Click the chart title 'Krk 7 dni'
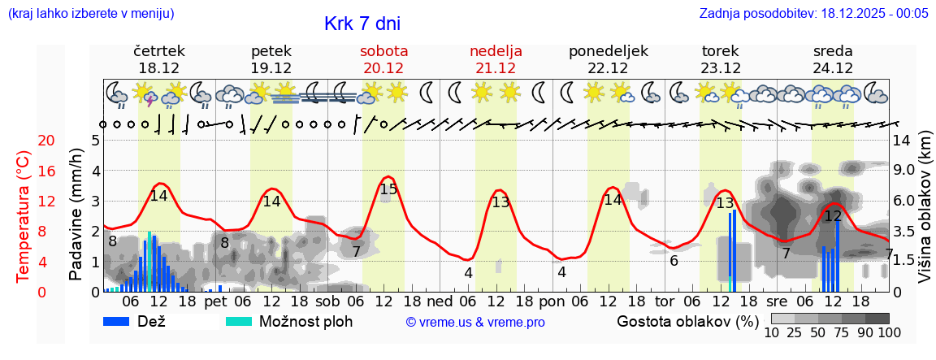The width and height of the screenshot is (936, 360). pos(362,24)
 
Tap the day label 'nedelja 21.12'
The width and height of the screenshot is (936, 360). pos(496,59)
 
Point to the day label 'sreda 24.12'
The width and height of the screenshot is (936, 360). pos(833,59)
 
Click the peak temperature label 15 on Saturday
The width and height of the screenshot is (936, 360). pos(389,189)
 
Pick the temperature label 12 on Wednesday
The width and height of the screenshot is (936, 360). pos(833,216)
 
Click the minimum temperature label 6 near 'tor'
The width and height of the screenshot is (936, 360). pos(674,261)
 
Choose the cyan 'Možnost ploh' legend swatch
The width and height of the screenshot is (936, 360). pos(238,321)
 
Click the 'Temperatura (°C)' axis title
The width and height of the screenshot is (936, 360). pos(24,216)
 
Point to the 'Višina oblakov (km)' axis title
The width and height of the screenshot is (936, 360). pos(925,216)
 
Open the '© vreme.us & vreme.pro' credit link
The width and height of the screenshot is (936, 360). pos(474,322)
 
